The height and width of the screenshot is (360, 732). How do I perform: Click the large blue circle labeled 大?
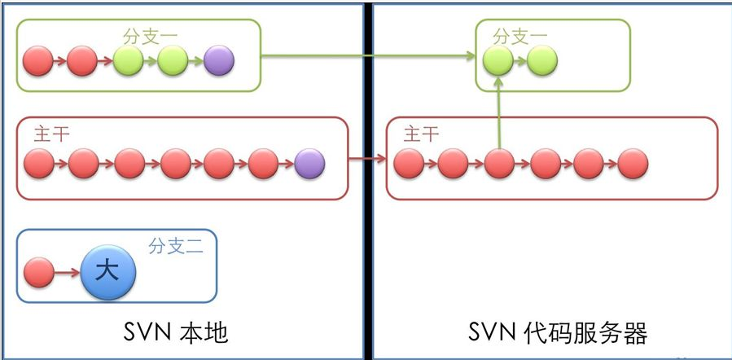pyautogui.click(x=108, y=271)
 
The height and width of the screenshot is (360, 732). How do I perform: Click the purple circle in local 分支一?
pyautogui.click(x=219, y=60)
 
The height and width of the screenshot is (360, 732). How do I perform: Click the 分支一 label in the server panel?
pyautogui.click(x=520, y=37)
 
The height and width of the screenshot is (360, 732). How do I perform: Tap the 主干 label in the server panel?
pyautogui.click(x=420, y=134)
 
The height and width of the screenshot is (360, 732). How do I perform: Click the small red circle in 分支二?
pyautogui.click(x=39, y=271)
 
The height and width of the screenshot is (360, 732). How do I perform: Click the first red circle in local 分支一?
pyautogui.click(x=37, y=60)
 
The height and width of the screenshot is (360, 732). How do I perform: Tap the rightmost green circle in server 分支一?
pyautogui.click(x=541, y=60)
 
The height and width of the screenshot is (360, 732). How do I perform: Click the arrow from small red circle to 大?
pyautogui.click(x=67, y=271)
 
